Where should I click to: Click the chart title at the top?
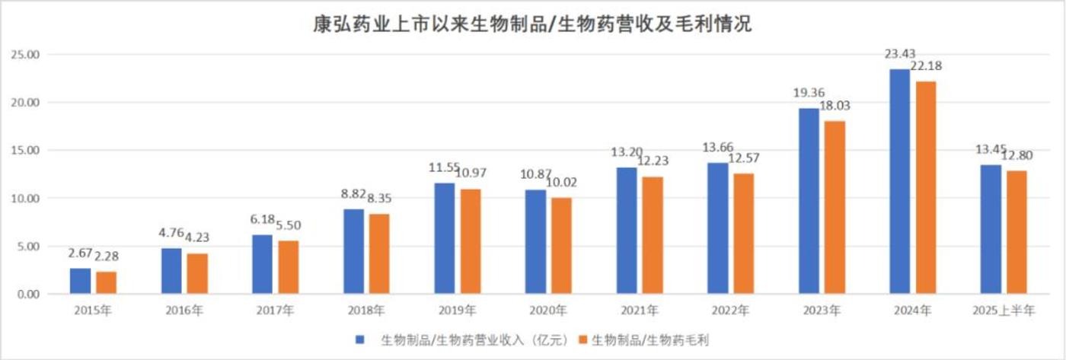click(533, 25)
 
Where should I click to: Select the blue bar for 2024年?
click(900, 181)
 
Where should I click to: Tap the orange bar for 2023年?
click(835, 207)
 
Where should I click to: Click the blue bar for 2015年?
click(80, 281)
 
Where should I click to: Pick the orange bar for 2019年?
click(471, 241)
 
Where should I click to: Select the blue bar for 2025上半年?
click(991, 229)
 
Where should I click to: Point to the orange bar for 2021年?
click(653, 235)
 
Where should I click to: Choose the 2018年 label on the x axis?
click(365, 311)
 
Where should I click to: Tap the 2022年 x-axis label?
click(729, 311)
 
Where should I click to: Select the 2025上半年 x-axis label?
click(1003, 311)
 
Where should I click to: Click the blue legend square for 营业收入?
click(360, 338)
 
